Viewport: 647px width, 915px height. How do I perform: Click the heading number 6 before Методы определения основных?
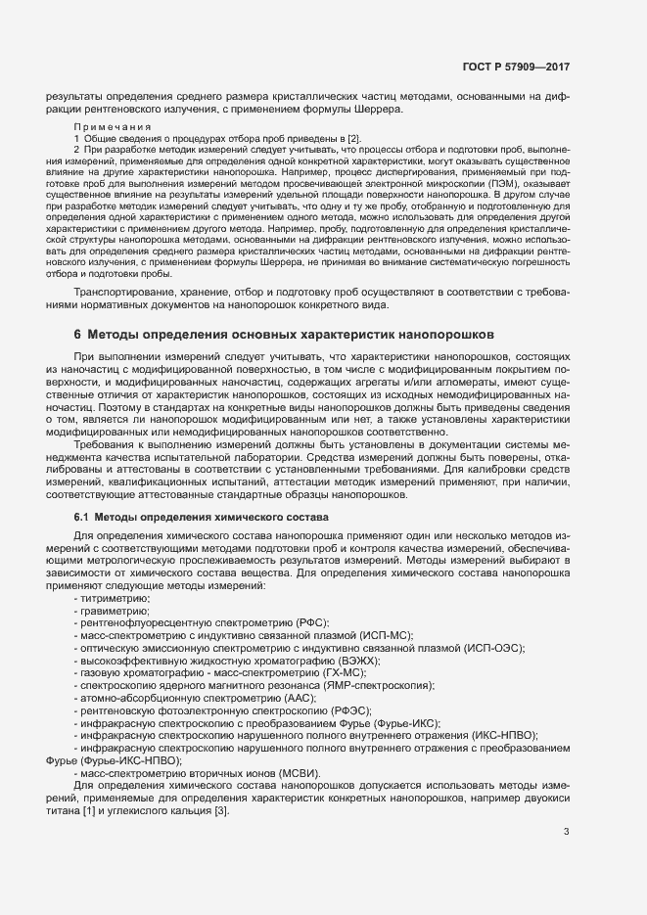[77, 335]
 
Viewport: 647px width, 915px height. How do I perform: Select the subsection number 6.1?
[81, 516]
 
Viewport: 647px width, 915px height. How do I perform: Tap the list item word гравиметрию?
[115, 610]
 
